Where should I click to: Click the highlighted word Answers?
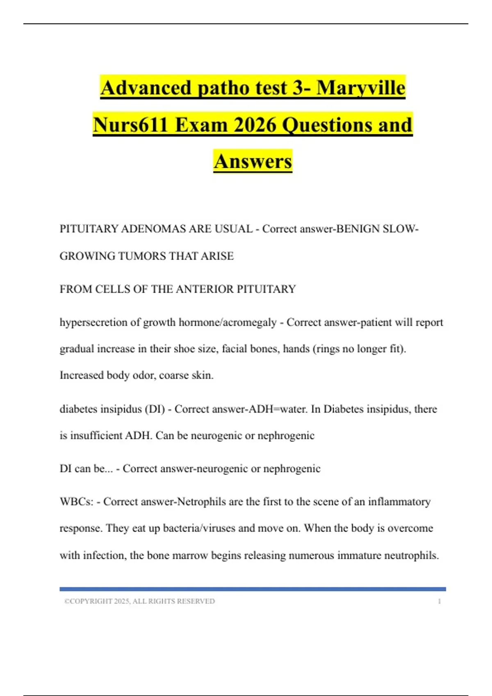[x=253, y=161]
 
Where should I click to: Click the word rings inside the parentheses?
[x=327, y=349]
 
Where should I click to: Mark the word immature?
[x=359, y=556]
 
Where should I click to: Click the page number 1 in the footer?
[x=439, y=601]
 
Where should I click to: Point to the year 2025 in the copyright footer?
[x=122, y=601]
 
